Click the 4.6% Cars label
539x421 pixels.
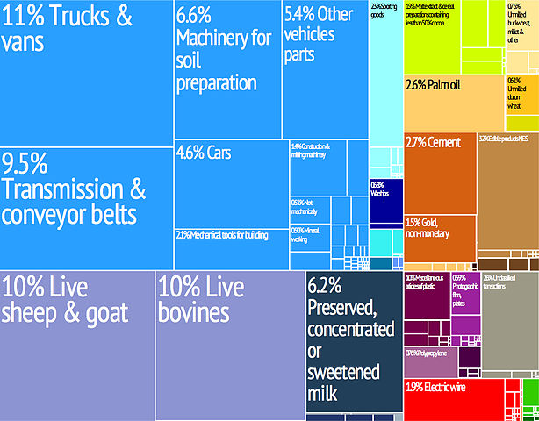pos(204,152)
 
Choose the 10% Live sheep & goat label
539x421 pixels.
pos(66,299)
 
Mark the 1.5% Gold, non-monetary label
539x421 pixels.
pos(429,227)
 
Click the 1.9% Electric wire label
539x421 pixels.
pos(441,388)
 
